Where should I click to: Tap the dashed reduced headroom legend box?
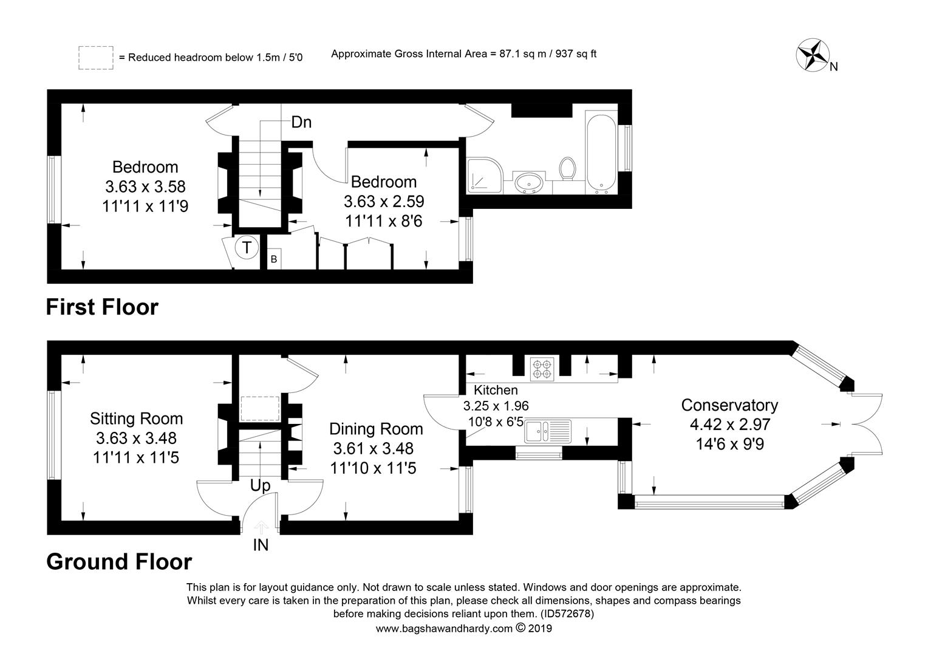coord(96,58)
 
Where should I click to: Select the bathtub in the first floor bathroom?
coord(601,152)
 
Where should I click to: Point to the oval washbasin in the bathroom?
coord(528,182)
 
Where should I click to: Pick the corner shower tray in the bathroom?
coord(485,176)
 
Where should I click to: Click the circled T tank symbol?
coord(247,248)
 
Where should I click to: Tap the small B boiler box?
coord(274,259)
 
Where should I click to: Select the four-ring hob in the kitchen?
coord(542,369)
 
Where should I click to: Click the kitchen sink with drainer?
coord(548,431)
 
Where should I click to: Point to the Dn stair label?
coord(301,122)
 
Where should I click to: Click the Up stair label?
coord(260,486)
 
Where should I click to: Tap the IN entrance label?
coord(261,545)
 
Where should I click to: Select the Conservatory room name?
coord(729,405)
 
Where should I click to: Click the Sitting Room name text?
coord(136,419)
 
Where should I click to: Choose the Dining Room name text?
coord(376,429)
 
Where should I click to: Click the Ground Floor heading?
coord(119,562)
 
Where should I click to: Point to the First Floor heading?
coord(102,307)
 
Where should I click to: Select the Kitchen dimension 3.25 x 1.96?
coord(496,406)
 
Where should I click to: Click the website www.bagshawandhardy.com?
coord(444,629)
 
